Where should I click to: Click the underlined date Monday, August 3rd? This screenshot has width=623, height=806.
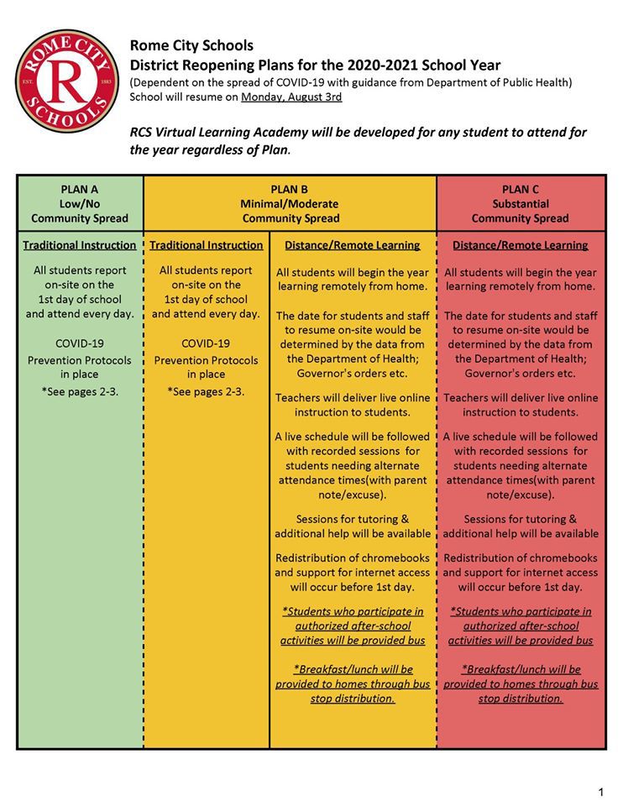click(x=291, y=97)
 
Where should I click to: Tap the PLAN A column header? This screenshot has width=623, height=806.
click(x=80, y=203)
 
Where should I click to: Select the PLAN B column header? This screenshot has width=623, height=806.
click(x=291, y=203)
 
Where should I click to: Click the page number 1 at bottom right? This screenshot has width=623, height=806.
click(x=601, y=792)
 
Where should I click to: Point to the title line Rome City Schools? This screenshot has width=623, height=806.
click(x=191, y=45)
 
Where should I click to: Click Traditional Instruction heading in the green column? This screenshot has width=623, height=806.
click(x=80, y=245)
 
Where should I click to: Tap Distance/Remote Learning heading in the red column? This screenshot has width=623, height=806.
click(x=521, y=245)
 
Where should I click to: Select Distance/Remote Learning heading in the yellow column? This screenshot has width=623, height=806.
click(x=353, y=245)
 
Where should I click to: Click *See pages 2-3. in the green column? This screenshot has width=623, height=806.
click(x=80, y=390)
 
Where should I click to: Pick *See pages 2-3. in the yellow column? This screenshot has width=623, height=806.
click(x=206, y=390)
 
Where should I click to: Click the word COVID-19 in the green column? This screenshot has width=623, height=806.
click(x=80, y=343)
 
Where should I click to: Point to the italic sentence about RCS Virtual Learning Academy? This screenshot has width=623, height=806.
click(x=359, y=141)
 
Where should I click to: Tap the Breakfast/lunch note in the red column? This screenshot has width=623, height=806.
click(x=521, y=683)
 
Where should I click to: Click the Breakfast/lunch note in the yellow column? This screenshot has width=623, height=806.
click(x=353, y=683)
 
